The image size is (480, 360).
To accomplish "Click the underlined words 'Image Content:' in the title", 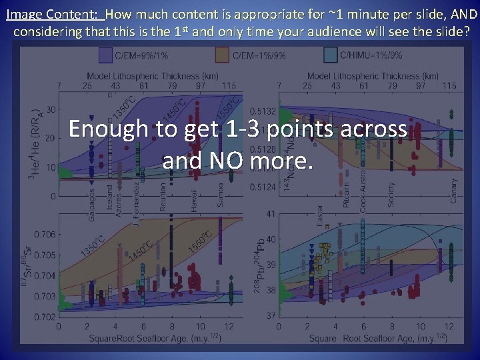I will point(53,13).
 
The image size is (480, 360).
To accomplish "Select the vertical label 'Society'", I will point(391,194).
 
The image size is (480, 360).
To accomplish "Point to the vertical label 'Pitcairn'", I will point(346,194).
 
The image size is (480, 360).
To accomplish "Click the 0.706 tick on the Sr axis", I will point(45,234).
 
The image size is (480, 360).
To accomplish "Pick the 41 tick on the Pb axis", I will point(270,214).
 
